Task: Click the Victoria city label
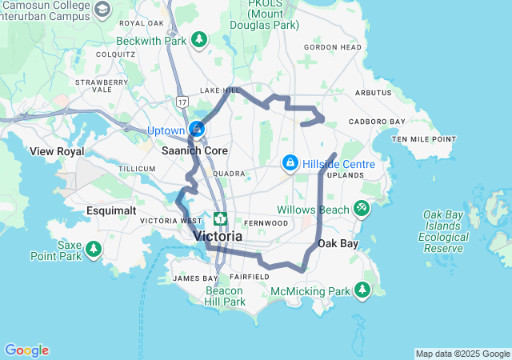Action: click(217, 237)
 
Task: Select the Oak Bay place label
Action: click(336, 243)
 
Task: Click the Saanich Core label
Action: click(195, 150)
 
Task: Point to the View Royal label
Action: click(56, 150)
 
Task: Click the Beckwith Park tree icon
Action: click(199, 39)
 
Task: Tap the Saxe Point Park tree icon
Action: click(94, 250)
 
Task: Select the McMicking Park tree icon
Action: click(363, 289)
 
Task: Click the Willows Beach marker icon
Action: click(362, 209)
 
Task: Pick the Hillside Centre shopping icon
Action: click(289, 163)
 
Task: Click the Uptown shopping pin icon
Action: click(196, 129)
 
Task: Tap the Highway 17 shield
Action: click(182, 102)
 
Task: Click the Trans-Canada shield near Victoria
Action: click(219, 218)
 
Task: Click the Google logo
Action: click(26, 350)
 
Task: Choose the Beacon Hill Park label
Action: click(225, 296)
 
